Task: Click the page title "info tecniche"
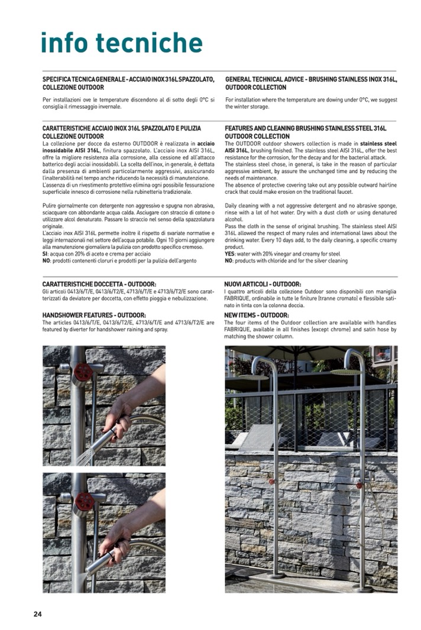(121, 43)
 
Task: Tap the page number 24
(37, 614)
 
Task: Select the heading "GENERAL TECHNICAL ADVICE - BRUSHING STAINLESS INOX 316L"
(311, 79)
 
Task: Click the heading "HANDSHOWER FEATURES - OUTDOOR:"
(94, 315)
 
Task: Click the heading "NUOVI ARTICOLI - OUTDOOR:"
(263, 284)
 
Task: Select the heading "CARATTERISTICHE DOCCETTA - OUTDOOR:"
(99, 284)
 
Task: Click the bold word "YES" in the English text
(231, 254)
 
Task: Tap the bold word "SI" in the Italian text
(46, 254)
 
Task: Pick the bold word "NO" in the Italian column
(46, 261)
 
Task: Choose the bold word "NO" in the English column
(229, 261)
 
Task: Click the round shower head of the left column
(253, 376)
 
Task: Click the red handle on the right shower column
(359, 485)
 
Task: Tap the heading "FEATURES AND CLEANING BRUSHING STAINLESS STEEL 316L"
(305, 128)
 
